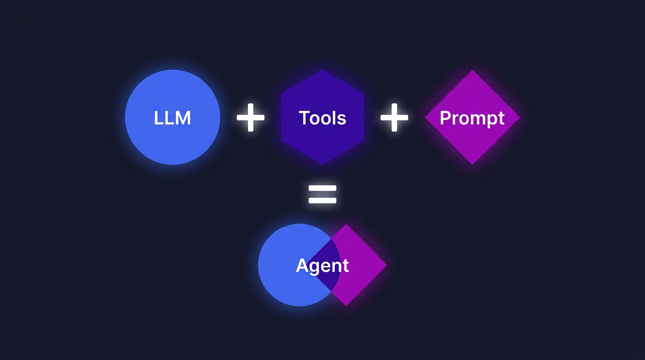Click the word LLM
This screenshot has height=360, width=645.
pos(172,118)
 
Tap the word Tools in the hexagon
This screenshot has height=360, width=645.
pos(322,118)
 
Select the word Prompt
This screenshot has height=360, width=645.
pos(472,118)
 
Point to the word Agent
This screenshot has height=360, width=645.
pos(322,266)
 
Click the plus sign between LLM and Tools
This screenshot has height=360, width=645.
pos(250,117)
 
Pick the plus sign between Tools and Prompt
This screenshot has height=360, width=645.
pos(394,117)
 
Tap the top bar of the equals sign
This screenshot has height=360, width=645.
pos(322,188)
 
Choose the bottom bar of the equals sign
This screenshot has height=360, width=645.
pos(322,201)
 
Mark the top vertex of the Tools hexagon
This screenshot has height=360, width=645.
pos(322,70)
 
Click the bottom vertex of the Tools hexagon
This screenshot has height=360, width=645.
pos(322,165)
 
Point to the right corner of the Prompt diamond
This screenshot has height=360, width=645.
pos(519,117)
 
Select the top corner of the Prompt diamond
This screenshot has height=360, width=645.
pos(472,70)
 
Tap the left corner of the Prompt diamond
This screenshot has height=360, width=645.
pos(425,117)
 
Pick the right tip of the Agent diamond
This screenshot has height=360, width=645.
pos(387,265)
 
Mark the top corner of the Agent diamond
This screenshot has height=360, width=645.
pos(346,224)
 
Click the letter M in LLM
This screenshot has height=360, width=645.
pos(183,118)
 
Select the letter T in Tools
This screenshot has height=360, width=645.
pos(303,118)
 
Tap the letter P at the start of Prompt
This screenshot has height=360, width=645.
pos(444,118)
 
